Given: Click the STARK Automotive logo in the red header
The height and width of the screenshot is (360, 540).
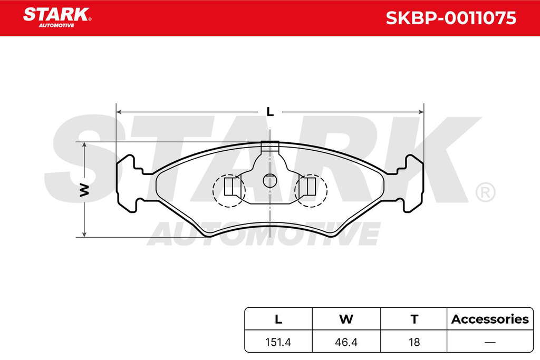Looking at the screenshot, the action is pos(57,17).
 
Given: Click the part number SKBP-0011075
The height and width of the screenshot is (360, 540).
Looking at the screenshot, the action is pos(451,18).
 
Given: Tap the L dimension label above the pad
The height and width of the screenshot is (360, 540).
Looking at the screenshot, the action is pos(271,112).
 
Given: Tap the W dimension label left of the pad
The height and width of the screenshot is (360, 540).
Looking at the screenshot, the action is pos(84,190).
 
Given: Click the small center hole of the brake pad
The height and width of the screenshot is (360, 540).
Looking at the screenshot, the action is pos(269,181).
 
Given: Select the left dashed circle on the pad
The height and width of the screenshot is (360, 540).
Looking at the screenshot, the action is pos(229,190).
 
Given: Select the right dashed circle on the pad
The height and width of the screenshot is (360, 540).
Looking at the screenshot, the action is pos(311,190).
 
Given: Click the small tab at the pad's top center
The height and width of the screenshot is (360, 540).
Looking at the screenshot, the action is pos(269,147).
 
